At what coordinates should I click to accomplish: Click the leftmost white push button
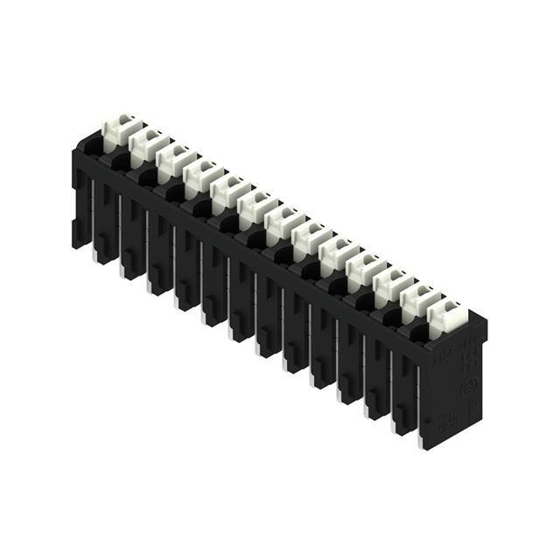point(116,129)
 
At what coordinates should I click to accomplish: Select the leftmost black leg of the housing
point(80,210)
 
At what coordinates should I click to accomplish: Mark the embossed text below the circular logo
point(467,411)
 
